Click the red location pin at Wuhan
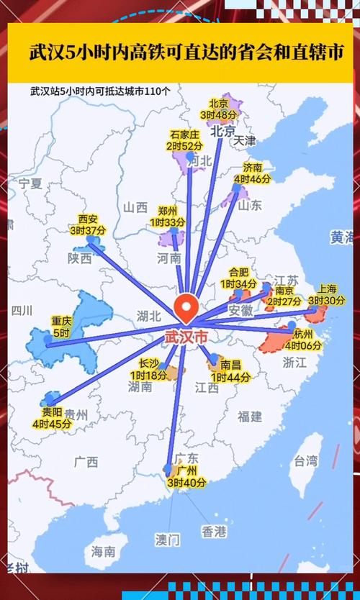point(187,309)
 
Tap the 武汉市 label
point(186,337)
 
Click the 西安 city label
point(88,219)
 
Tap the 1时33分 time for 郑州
point(167,223)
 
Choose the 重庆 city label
point(61,322)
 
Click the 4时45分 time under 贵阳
point(52,424)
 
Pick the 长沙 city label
point(148,363)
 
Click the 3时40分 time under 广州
point(186,483)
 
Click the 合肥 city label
point(238,273)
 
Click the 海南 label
point(103,552)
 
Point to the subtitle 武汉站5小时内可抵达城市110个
point(101,91)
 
